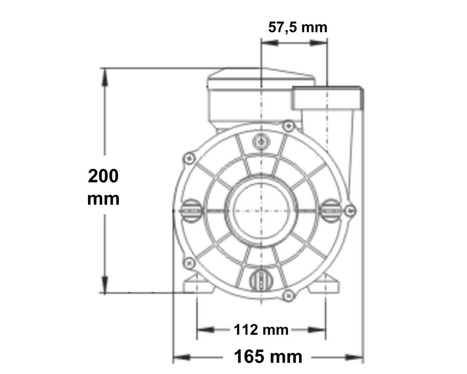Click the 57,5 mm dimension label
pyautogui.click(x=298, y=27)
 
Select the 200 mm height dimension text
pyautogui.click(x=103, y=187)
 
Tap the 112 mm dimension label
pyautogui.click(x=261, y=330)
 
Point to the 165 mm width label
pyautogui.click(x=268, y=356)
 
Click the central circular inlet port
pyautogui.click(x=262, y=210)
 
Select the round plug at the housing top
pyautogui.click(x=261, y=141)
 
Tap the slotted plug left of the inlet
pyautogui.click(x=192, y=211)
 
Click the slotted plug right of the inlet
pyautogui.click(x=330, y=210)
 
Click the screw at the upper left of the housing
pyautogui.click(x=190, y=158)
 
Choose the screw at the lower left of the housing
pyautogui.click(x=190, y=263)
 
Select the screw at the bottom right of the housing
pyautogui.click(x=288, y=296)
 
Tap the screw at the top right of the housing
pyautogui.click(x=288, y=125)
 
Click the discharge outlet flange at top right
pyautogui.click(x=327, y=98)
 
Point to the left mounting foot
pyautogui.click(x=197, y=285)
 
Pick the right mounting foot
pyautogui.click(x=324, y=285)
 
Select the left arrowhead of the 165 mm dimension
pyautogui.click(x=181, y=356)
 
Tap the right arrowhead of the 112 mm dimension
pyautogui.click(x=318, y=330)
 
